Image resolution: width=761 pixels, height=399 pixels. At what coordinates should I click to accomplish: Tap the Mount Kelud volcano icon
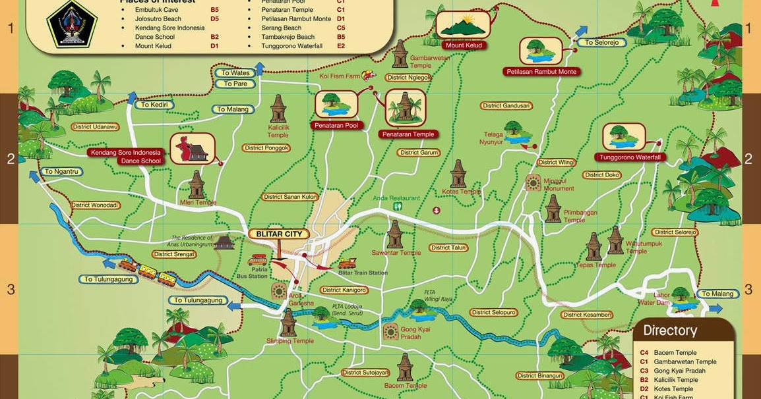pyautogui.click(x=464, y=24)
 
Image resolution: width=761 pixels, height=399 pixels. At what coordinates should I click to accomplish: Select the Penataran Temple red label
pyautogui.click(x=407, y=134)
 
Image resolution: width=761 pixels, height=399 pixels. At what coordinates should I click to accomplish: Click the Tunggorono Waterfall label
pyautogui.click(x=630, y=157)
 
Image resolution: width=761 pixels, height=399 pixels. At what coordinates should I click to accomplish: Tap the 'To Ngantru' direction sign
pyautogui.click(x=61, y=172)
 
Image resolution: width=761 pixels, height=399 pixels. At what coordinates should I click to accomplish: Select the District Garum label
pyautogui.click(x=419, y=153)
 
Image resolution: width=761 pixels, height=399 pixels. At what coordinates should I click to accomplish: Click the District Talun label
pyautogui.click(x=449, y=248)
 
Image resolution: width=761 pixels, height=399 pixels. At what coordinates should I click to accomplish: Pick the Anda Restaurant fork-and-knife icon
pyautogui.click(x=398, y=206)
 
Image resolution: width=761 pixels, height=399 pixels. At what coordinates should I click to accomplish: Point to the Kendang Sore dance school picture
pyautogui.click(x=192, y=149)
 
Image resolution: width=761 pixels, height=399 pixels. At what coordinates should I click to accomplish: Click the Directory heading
pyautogui.click(x=670, y=331)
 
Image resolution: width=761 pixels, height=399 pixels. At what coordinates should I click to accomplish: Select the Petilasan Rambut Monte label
pyautogui.click(x=541, y=71)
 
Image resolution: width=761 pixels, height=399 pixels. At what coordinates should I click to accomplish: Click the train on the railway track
pyautogui.click(x=148, y=272)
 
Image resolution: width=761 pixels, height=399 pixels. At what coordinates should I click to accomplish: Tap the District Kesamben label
pyautogui.click(x=588, y=315)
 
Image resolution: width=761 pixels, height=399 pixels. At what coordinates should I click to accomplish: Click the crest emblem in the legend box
pyautogui.click(x=73, y=24)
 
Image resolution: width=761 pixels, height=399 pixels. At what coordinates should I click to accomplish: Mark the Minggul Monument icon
pyautogui.click(x=533, y=183)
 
